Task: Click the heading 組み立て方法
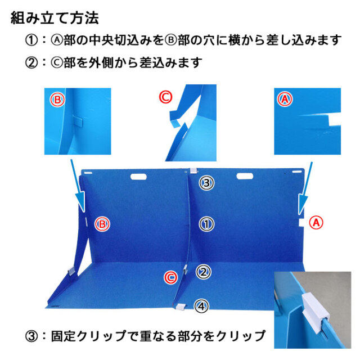click(x=55, y=18)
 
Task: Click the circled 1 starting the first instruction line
click(x=31, y=40)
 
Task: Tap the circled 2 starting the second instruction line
click(x=31, y=62)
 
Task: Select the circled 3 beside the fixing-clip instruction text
click(x=31, y=336)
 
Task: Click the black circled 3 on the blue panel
click(x=206, y=183)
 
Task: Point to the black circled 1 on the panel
click(x=206, y=224)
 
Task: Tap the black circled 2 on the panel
click(x=204, y=272)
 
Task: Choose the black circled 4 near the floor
click(x=201, y=306)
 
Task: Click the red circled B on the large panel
click(x=102, y=224)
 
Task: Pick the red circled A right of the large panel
click(x=316, y=223)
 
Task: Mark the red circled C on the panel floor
click(x=170, y=277)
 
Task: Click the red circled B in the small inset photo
click(x=57, y=100)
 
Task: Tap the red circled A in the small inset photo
click(x=285, y=99)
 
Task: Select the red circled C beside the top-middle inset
click(x=165, y=97)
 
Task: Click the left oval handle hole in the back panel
click(x=139, y=177)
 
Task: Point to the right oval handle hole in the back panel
click(x=245, y=176)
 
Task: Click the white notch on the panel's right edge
click(x=301, y=223)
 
